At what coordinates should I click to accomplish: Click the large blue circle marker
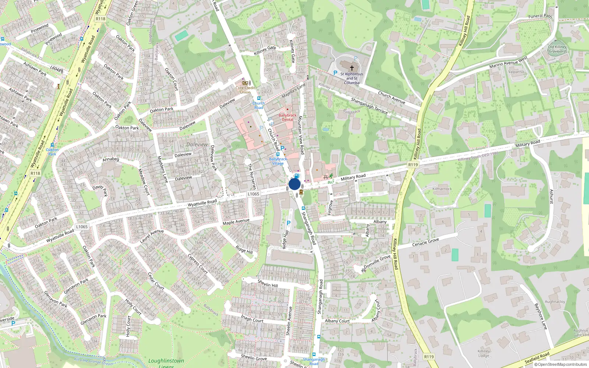tap(294, 184)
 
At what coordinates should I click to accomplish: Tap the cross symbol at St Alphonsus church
tap(352, 68)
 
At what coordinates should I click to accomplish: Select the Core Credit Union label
tap(245, 90)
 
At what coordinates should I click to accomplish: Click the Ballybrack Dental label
tap(288, 117)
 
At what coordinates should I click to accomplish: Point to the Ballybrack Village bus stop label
tap(278, 161)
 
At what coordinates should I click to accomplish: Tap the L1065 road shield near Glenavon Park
tap(82, 227)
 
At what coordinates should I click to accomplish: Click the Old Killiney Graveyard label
tap(557, 49)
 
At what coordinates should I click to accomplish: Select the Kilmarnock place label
tap(442, 189)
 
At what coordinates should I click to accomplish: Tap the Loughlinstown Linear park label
tap(166, 362)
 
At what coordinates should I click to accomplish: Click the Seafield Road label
tap(537, 357)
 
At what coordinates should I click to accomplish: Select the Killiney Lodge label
tap(484, 353)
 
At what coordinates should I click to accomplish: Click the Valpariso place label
tap(516, 72)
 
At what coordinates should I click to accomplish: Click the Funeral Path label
tap(540, 16)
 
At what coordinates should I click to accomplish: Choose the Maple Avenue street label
tap(236, 222)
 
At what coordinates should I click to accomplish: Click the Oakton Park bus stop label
tap(52, 152)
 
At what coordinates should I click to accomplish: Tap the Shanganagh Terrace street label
tap(369, 106)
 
